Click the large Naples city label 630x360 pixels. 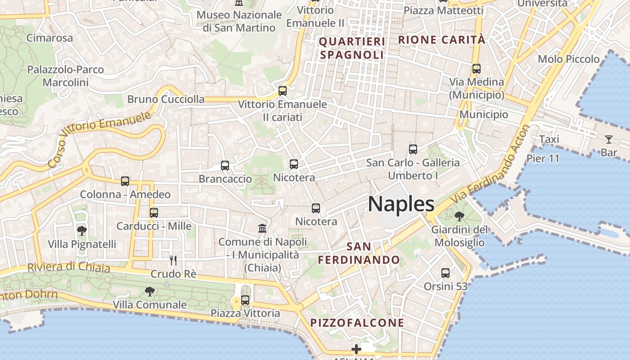(x=401, y=204)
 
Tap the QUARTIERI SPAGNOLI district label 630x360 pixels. (x=352, y=48)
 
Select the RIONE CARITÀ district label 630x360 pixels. (x=442, y=40)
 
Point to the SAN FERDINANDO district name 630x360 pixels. (x=359, y=253)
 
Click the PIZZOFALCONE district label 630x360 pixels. (x=357, y=323)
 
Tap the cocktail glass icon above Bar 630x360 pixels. (x=609, y=139)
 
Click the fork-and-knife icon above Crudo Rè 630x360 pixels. (x=173, y=260)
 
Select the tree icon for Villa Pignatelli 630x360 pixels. (x=82, y=231)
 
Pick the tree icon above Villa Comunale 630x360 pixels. (x=149, y=292)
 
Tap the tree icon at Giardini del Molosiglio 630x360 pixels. (x=459, y=216)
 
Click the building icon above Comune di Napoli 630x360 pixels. (x=262, y=228)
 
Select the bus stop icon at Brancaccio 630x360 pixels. (x=225, y=166)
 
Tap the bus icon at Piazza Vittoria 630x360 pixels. (x=245, y=300)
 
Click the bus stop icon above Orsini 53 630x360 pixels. (x=445, y=273)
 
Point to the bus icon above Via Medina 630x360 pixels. (x=477, y=69)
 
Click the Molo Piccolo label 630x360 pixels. (x=569, y=59)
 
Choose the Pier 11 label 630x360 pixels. (x=543, y=158)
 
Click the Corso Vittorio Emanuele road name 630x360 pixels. (x=99, y=139)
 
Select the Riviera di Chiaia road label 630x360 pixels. (x=69, y=267)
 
